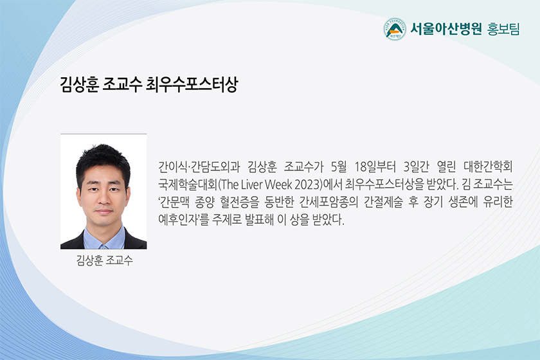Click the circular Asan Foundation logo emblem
pos(394,30)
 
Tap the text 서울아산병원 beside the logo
pos(446,29)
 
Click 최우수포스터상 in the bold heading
pos(192,84)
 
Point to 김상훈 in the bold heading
pos(80,84)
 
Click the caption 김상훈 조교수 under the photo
pos(104,260)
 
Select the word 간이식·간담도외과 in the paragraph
pos(199,166)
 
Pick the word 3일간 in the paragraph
pos(417,166)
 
